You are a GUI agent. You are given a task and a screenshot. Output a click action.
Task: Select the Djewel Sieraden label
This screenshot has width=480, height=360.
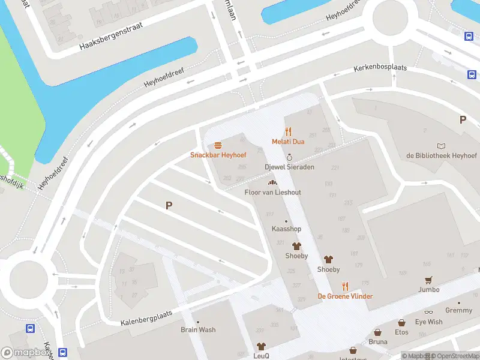(289, 167)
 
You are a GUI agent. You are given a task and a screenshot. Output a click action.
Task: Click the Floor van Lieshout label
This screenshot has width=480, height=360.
(272, 192)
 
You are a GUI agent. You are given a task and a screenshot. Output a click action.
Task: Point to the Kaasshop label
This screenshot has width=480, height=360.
(286, 229)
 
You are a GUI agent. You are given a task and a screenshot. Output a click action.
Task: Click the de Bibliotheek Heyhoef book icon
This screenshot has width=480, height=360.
(442, 146)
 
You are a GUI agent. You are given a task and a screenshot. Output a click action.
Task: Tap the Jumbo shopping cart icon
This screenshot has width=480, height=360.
(428, 280)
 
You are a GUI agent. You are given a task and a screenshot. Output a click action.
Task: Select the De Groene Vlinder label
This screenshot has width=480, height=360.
(345, 296)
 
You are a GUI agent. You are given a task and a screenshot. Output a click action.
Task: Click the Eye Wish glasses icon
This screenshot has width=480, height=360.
(428, 313)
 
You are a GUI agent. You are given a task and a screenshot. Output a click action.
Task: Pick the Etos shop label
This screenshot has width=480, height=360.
(401, 332)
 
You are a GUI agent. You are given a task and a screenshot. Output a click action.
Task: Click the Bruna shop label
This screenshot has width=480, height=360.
(378, 342)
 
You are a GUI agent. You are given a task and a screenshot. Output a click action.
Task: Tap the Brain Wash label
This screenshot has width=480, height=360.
(198, 329)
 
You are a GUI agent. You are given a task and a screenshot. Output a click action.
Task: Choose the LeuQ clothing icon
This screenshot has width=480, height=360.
(261, 346)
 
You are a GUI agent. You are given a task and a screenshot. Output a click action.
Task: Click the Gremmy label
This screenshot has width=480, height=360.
(458, 310)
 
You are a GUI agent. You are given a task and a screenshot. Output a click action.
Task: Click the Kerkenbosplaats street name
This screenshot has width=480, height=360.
(380, 68)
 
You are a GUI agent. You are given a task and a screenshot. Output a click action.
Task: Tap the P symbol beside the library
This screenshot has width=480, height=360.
(463, 119)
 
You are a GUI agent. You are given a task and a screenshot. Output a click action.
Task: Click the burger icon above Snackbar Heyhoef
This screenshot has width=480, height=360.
(218, 145)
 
